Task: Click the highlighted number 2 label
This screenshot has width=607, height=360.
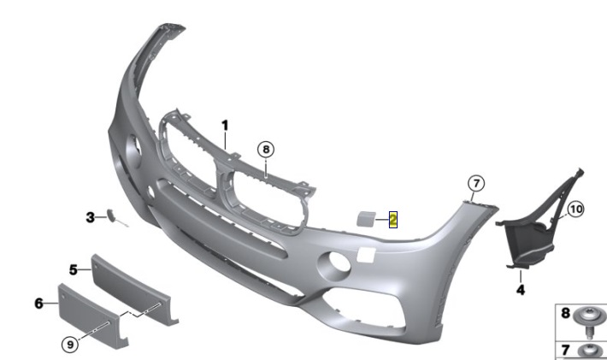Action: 393,220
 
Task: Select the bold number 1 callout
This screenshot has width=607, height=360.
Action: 225,126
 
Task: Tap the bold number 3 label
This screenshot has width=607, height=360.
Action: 91,217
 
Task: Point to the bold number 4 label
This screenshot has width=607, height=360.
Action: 521,290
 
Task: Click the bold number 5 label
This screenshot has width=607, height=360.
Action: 74,269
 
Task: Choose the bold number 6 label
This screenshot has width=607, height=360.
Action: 38,303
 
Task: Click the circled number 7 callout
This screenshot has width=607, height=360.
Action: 476,183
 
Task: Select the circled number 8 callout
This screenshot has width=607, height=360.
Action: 266,150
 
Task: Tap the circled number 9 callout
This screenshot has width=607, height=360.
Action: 70,344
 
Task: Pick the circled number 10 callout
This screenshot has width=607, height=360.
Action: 575,210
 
